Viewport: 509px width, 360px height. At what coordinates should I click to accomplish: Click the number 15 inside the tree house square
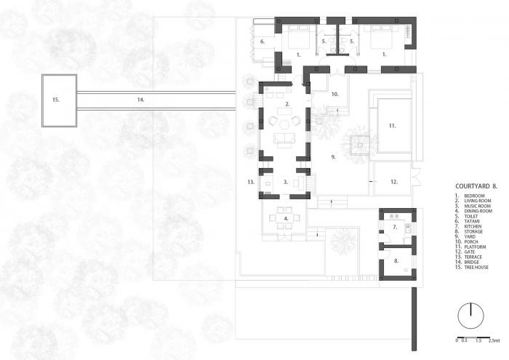pos(55,97)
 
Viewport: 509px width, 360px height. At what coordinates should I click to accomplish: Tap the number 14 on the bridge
pos(141,97)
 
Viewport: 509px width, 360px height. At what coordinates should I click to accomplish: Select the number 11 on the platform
pos(392,126)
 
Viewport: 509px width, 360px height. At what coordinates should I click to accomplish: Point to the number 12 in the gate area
pos(393,181)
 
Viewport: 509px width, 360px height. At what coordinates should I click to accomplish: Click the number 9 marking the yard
pos(332,156)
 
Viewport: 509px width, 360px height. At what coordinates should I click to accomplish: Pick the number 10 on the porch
pos(335,95)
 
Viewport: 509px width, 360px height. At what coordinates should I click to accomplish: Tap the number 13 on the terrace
pos(250,181)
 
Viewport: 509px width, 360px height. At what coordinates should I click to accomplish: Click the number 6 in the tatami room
pos(262,42)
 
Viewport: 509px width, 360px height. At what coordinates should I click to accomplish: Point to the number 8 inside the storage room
pos(396,259)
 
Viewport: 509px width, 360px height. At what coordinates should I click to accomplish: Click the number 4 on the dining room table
pos(286,217)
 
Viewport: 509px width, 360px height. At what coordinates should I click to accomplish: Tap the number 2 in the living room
pos(288,105)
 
